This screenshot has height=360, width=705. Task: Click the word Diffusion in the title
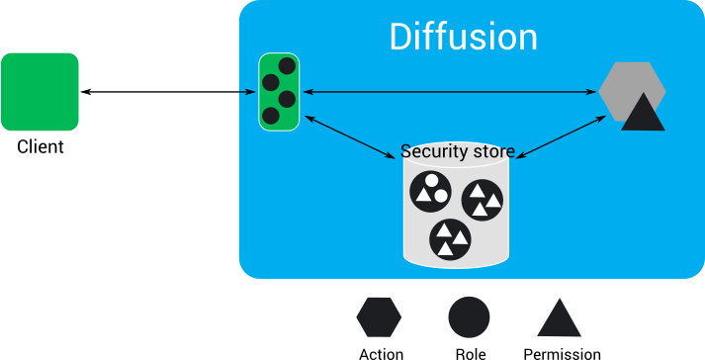point(463,37)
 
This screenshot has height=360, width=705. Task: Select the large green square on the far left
point(40,92)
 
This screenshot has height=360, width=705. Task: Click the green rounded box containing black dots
point(279,92)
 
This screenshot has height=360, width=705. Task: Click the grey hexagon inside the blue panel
point(631,89)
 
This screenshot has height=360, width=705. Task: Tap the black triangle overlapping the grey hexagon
point(643,114)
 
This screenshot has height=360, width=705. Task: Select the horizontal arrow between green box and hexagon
point(450,92)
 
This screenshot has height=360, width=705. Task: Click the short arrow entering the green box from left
point(247,92)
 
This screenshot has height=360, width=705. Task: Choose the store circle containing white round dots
point(430,189)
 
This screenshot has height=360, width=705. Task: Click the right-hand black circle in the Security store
point(483,200)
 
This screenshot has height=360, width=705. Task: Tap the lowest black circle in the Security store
point(450,237)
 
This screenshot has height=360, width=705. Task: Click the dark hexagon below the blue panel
point(379,316)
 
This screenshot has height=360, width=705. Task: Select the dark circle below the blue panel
point(469,316)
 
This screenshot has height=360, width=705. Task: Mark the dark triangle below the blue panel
point(559,318)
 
